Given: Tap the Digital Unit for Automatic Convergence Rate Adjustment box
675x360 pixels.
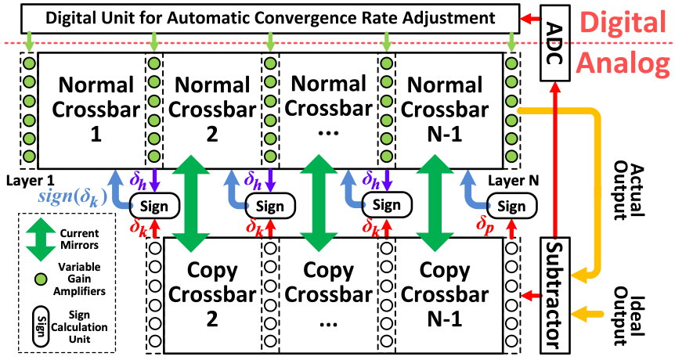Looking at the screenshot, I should [x=269, y=17].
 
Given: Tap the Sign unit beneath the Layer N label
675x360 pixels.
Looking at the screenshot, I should [x=511, y=206].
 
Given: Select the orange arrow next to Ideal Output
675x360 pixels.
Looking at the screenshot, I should [x=587, y=315].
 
